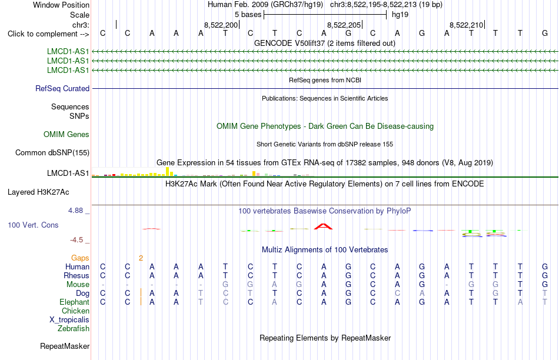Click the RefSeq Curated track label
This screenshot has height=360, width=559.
62,88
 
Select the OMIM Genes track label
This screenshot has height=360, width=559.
66,134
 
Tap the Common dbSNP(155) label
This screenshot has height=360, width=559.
52,152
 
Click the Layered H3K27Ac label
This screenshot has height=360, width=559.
38,192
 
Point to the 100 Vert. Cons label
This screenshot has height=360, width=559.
33,225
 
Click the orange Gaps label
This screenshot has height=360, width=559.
80,258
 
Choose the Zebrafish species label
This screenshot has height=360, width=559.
74,329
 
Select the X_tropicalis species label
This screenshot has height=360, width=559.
69,320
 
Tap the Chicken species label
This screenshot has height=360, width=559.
75,311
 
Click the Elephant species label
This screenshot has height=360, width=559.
74,302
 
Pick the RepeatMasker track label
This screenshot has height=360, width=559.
65,346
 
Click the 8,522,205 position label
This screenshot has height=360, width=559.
344,25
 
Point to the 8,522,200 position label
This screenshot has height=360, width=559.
221,25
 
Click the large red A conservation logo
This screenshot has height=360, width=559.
324,226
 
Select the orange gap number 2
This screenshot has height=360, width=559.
141,258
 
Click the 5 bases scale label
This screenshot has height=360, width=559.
248,15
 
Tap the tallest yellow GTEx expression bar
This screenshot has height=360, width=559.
168,171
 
